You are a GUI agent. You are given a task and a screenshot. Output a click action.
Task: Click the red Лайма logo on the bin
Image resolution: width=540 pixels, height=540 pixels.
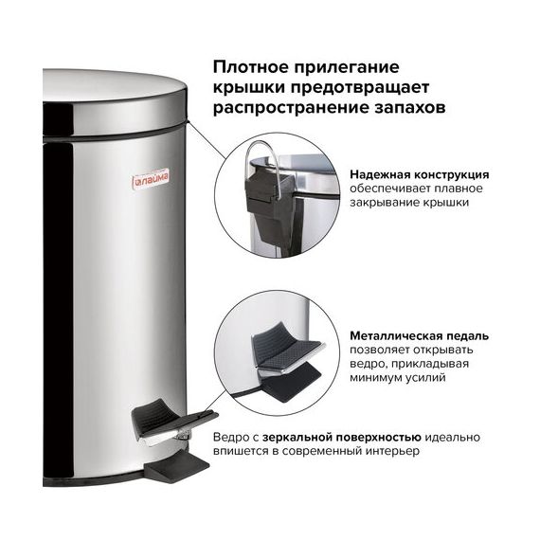pyautogui.click(x=152, y=179)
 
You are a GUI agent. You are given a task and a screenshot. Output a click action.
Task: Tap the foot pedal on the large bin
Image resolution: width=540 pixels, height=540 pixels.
pyautogui.click(x=174, y=423)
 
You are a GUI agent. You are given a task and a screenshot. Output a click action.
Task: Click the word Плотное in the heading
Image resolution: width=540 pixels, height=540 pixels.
pyautogui.click(x=250, y=67)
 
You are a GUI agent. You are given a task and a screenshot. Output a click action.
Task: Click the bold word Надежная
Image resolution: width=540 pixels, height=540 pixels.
pyautogui.click(x=380, y=174)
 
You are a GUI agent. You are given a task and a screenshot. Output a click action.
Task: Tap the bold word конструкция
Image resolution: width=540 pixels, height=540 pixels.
pyautogui.click(x=451, y=175)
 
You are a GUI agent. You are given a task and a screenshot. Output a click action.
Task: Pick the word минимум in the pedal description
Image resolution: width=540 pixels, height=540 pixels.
pyautogui.click(x=375, y=378)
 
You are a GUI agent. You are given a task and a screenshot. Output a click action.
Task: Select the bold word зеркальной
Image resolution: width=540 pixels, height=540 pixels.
pyautogui.click(x=297, y=438)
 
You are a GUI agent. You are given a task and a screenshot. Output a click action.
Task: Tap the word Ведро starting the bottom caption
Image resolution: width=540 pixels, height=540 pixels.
pyautogui.click(x=230, y=438)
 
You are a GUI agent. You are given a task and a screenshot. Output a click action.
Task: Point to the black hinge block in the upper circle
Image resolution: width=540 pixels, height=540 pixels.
pyautogui.click(x=269, y=207)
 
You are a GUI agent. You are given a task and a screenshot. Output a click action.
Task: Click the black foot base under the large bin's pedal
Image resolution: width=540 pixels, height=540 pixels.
pyautogui.click(x=176, y=467)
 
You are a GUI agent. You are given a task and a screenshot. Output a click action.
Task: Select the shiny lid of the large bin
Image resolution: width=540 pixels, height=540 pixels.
pyautogui.click(x=115, y=101)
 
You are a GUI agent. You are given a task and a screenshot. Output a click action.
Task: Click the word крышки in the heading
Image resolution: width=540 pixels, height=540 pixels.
pyautogui.click(x=249, y=87)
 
